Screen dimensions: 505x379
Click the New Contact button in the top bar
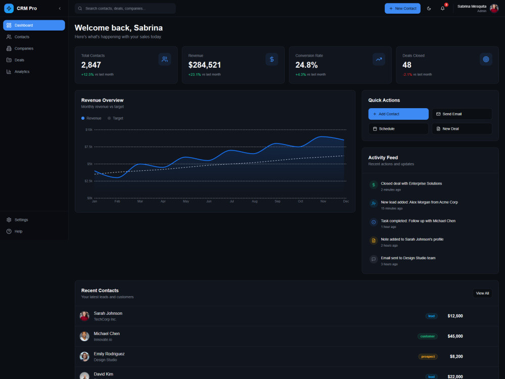[402, 9]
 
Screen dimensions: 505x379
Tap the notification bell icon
[442, 9]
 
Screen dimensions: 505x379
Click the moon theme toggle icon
[429, 9]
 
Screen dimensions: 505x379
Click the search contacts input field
[125, 9]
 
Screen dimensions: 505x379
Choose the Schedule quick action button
[398, 128]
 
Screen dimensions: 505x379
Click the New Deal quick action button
[462, 128]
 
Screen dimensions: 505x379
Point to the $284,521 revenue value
[205, 65]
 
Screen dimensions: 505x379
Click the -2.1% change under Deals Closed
[408, 74]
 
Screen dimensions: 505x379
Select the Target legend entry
[115, 118]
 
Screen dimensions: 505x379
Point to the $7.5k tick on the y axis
[88, 147]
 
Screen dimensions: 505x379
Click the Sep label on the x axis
[277, 202]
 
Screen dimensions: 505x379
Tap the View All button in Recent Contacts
[482, 293]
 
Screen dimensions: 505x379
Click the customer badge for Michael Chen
[427, 336]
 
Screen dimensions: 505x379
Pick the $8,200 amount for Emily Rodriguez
[456, 356]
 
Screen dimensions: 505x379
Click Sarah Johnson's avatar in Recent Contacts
[84, 316]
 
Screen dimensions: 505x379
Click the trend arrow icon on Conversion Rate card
[379, 59]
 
